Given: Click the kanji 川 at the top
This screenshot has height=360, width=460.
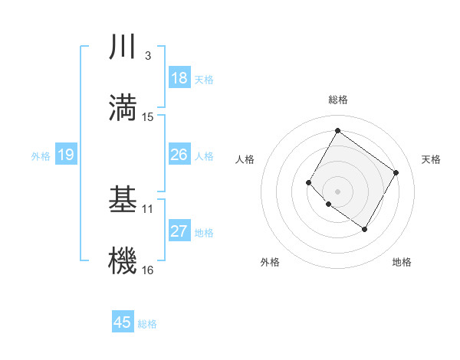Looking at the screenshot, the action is [x=123, y=48].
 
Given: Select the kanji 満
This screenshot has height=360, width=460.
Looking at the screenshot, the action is [x=123, y=106].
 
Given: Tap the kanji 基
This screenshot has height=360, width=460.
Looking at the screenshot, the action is [x=123, y=200].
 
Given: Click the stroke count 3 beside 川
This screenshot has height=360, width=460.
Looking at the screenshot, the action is [x=147, y=56].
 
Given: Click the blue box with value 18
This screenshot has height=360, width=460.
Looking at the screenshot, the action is [x=179, y=78].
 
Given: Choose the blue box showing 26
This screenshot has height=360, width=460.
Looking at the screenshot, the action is [x=179, y=155].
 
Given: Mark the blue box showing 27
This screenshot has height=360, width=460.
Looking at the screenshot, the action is [x=179, y=231].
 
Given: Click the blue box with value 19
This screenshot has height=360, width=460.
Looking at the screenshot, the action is [x=65, y=155].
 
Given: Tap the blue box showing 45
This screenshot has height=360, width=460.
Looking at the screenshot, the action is [x=123, y=322].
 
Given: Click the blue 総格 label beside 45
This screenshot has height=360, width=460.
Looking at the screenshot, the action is [x=147, y=324].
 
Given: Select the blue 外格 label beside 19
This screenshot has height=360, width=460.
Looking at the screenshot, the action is [x=40, y=156].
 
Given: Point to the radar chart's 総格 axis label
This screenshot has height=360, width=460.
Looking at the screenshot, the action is [x=337, y=100].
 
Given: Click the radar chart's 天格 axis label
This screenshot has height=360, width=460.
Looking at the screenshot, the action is [x=431, y=159].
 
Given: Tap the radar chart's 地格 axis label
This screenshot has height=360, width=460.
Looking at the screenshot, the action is [x=402, y=263].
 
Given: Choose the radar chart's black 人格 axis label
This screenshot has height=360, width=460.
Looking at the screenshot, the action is [x=245, y=159].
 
